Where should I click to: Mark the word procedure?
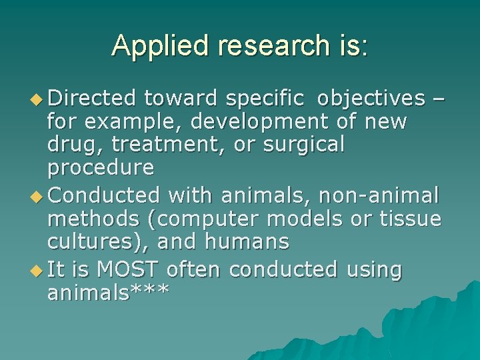tap(101, 167)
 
